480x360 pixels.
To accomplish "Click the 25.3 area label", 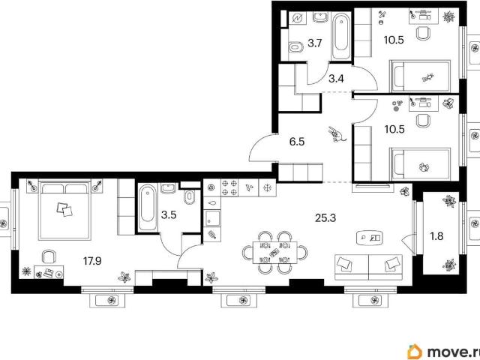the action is [325, 218].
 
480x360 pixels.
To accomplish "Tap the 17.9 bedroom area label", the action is [92, 261].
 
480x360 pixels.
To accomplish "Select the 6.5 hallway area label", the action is [297, 142].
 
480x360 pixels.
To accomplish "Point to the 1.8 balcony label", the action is [436, 236].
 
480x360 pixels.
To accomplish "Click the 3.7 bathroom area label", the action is [315, 43].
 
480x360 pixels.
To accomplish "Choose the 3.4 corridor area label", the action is [336, 79].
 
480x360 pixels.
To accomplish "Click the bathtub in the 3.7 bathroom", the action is [341, 36].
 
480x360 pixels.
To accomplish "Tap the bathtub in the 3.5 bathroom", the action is [148, 207].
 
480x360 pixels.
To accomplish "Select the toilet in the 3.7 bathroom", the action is [295, 47].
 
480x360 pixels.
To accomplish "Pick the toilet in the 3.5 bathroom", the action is [190, 196].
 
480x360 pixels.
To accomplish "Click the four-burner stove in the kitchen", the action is [229, 187].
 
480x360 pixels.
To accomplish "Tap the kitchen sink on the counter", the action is [212, 218].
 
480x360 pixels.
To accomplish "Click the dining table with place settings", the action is [275, 253].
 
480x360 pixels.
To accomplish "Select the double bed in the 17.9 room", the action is [64, 211].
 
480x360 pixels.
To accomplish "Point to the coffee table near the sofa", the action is [370, 238].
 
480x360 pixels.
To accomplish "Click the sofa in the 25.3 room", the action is [368, 267].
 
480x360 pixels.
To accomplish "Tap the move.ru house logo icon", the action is [415, 352].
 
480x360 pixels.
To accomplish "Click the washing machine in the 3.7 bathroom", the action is [297, 19].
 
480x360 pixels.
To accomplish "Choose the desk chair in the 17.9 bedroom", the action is [49, 256].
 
